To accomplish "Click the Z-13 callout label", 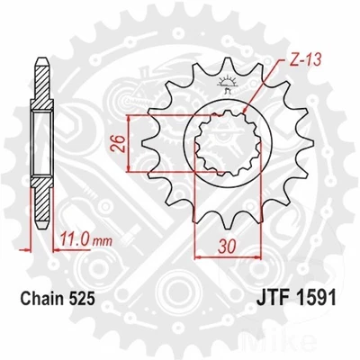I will point(276,59).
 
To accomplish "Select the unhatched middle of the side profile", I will point(40,144).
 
